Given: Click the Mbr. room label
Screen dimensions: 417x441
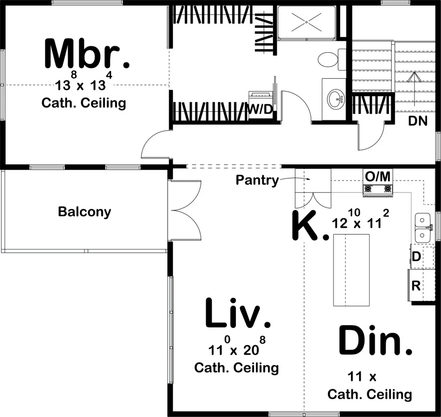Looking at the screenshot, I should [87, 54].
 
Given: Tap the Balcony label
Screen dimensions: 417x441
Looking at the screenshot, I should [84, 212].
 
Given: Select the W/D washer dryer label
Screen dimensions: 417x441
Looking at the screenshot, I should [261, 110].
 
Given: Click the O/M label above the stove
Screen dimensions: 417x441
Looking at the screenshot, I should [378, 176].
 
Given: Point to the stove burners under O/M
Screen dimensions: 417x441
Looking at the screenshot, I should [378, 189].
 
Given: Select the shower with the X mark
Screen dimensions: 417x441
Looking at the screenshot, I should [306, 22].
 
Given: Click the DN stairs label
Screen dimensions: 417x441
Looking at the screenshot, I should [418, 121].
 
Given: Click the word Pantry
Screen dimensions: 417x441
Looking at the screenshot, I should [257, 180].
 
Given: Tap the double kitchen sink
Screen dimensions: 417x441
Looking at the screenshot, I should [422, 228].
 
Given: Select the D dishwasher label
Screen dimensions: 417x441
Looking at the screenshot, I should [416, 257].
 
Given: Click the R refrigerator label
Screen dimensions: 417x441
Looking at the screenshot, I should [416, 286].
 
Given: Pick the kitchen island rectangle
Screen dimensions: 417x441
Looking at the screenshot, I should [351, 270].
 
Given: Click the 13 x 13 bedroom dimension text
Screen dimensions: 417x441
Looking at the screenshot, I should [81, 85].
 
